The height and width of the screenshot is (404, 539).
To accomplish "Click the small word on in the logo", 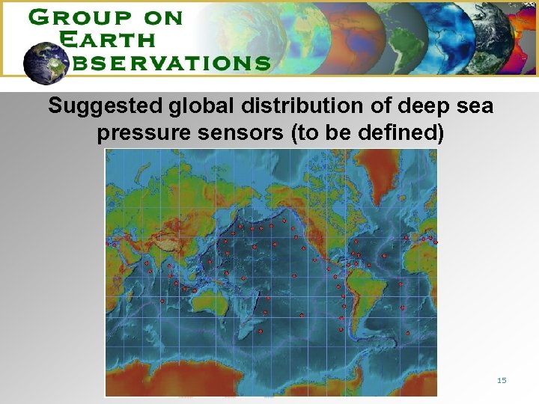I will pos(164,18).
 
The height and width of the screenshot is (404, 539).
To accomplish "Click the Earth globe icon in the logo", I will pos(46,62).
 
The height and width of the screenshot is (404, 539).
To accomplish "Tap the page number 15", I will pos(502,381).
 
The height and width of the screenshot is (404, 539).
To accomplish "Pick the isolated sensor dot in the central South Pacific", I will pos(302,316).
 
